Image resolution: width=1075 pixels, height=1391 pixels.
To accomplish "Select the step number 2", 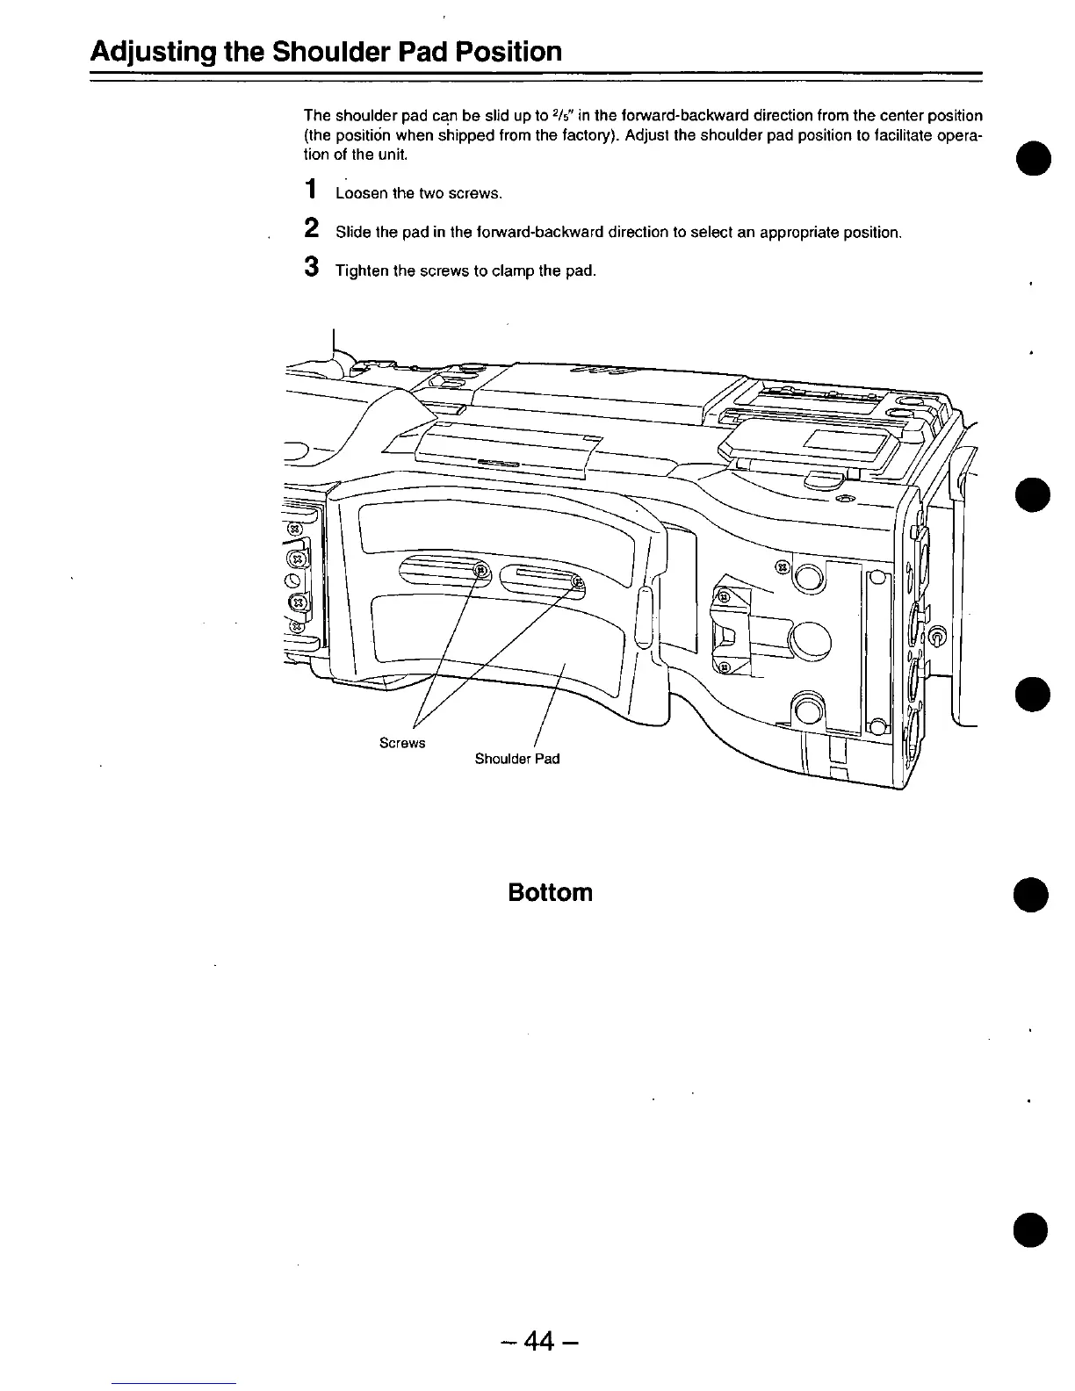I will pos(310,228).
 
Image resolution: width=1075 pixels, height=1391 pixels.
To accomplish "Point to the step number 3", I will pos(310,267).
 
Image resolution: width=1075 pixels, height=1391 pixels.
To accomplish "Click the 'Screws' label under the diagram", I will pos(402,744).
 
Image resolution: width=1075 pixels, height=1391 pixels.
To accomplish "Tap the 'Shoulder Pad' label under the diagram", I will pos(517,759).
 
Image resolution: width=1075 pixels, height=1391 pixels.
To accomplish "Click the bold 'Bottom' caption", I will pos(551,893).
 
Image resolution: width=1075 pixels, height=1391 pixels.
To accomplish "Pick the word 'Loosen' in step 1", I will pos(358,194).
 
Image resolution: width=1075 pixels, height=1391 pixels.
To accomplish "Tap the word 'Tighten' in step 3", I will pos(361,271).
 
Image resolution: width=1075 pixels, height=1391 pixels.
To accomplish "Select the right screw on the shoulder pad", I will pos(578,580).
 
